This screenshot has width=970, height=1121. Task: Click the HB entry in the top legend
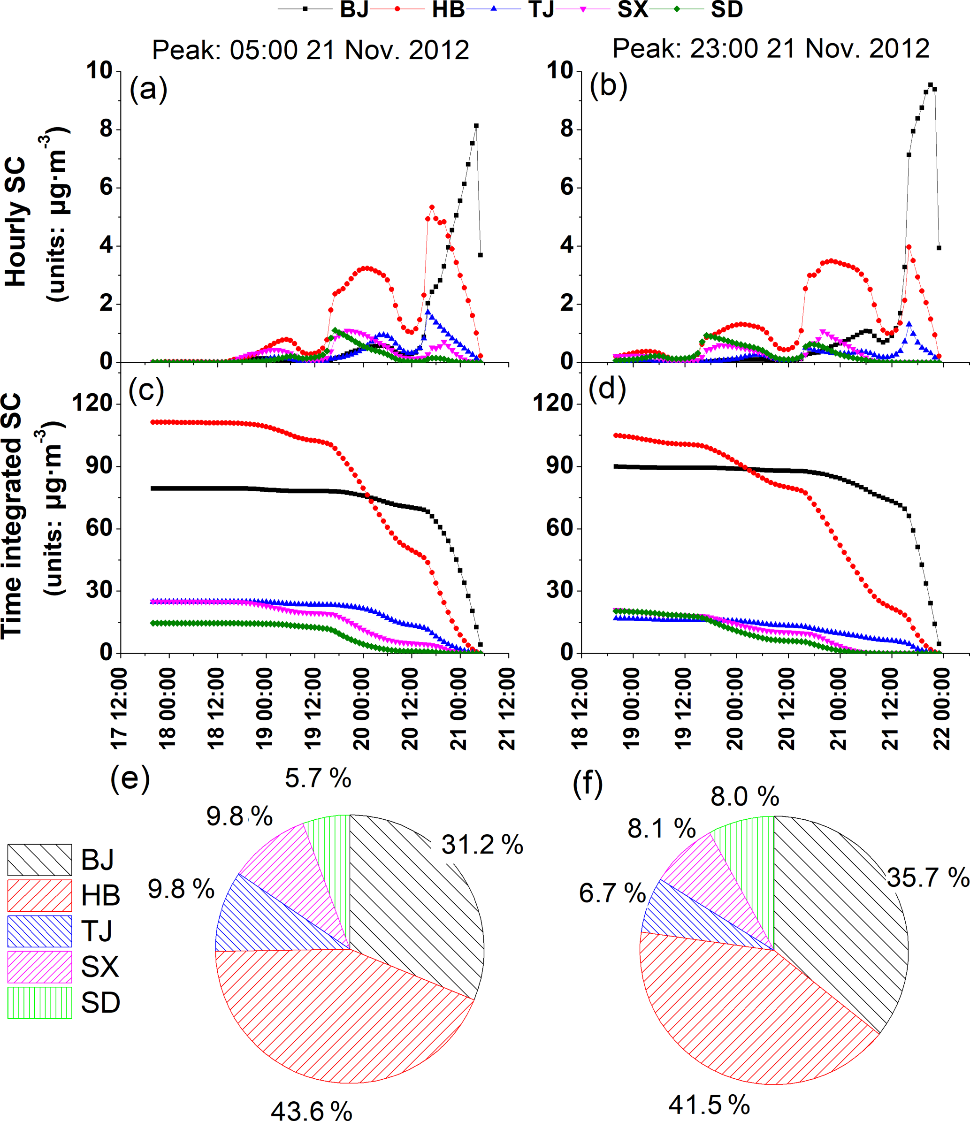tap(448, 10)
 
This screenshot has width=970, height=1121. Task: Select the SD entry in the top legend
tap(726, 10)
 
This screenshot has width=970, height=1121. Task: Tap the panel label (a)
tap(148, 88)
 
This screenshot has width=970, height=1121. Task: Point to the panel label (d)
tap(607, 389)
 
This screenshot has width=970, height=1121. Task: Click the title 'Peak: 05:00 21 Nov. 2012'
tap(310, 50)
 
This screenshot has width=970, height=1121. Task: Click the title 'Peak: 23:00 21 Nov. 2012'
tap(771, 49)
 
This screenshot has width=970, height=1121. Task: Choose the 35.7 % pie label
tap(927, 877)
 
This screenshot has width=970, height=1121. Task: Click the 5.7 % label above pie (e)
tap(318, 778)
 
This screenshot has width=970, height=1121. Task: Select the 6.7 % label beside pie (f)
tap(612, 893)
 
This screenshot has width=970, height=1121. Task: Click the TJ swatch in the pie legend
tap(39, 931)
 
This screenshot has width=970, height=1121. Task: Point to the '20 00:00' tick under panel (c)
tap(362, 709)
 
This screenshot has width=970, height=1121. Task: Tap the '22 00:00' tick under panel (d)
tap(942, 709)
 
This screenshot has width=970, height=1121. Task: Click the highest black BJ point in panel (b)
tap(931, 84)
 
